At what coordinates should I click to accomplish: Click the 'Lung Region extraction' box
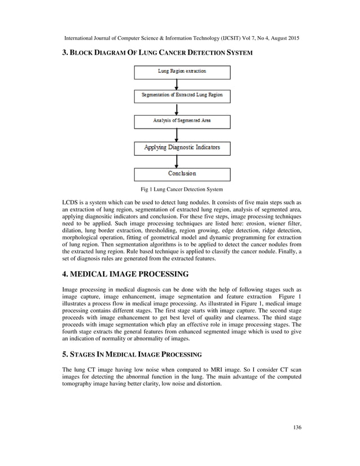(x=182, y=72)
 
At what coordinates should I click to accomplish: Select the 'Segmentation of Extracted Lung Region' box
(x=182, y=95)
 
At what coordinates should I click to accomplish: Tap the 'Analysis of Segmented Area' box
(x=182, y=121)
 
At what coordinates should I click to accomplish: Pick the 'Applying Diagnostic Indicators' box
(x=182, y=148)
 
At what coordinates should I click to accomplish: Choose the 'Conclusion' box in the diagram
(x=182, y=174)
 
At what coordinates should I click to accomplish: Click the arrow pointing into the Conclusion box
(x=178, y=161)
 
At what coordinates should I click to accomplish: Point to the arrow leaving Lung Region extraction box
(x=178, y=84)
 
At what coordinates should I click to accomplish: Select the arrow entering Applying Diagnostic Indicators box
(x=178, y=135)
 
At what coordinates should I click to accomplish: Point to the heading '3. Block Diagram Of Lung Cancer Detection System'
(x=157, y=52)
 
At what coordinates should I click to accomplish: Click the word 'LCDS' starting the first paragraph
(x=71, y=202)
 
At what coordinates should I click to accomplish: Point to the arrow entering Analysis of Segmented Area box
(x=178, y=109)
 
